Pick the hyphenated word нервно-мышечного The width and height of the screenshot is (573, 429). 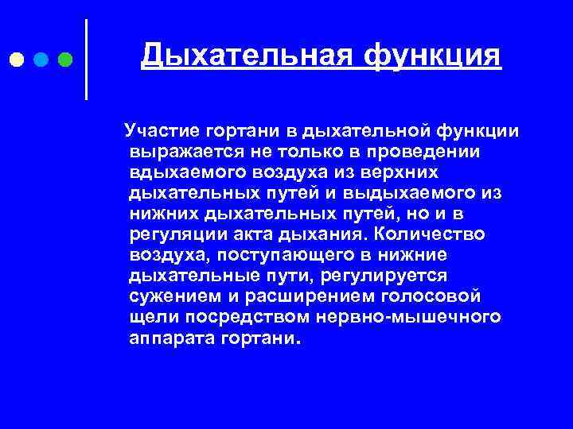(x=410, y=318)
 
